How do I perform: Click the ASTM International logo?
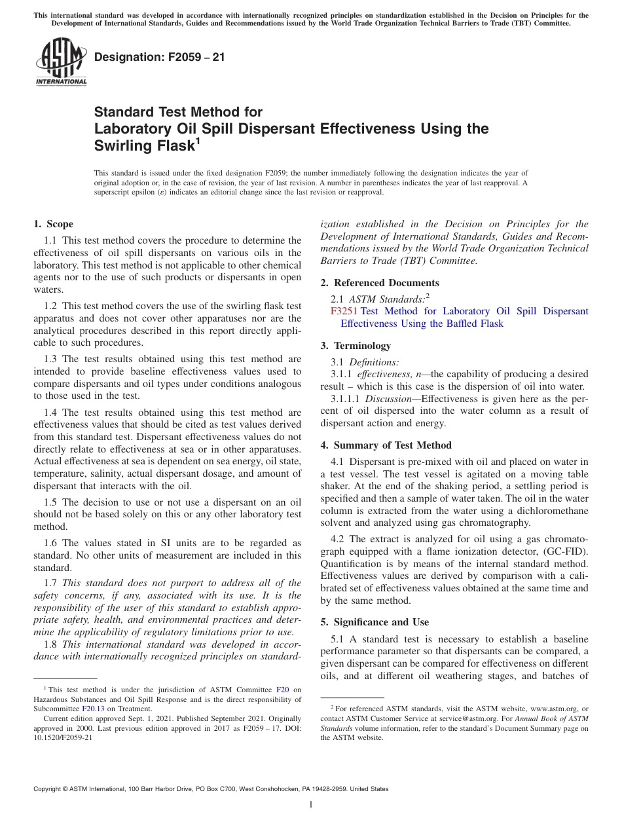click(60, 62)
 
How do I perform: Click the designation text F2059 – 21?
click(159, 57)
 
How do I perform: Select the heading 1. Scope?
click(53, 224)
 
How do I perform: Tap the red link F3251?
click(344, 311)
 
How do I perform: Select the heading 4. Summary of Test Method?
click(386, 445)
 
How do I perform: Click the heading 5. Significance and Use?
click(375, 621)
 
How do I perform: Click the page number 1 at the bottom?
click(311, 804)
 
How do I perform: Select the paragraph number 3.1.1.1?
click(346, 399)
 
